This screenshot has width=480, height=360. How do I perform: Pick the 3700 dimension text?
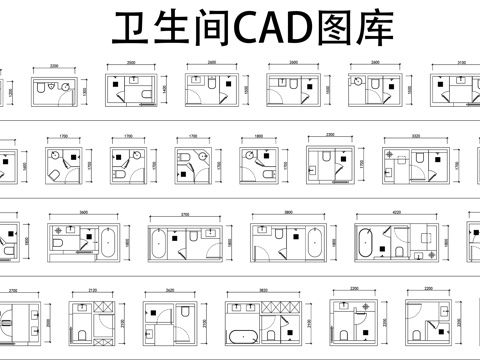coord(185,212)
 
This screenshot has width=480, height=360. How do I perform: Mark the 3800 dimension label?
coord(287,212)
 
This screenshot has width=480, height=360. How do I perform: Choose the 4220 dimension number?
coord(396,212)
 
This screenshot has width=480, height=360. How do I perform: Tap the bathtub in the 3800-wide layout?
coord(314,242)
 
